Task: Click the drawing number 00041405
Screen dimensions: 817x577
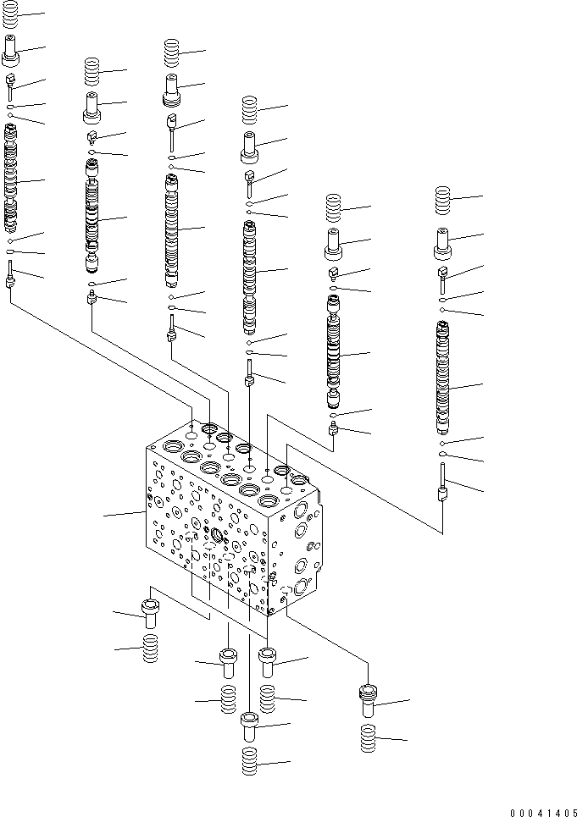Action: pos(541,811)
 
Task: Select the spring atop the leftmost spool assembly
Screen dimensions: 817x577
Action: pos(11,18)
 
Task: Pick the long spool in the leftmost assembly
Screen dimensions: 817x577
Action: pos(11,178)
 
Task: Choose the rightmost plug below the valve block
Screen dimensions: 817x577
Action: pos(367,700)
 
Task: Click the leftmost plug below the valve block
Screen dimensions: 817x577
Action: pos(150,613)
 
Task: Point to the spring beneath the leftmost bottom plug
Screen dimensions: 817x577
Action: pos(150,649)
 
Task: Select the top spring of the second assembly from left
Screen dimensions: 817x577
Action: pos(92,70)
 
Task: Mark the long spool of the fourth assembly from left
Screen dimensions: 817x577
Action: pos(249,275)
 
